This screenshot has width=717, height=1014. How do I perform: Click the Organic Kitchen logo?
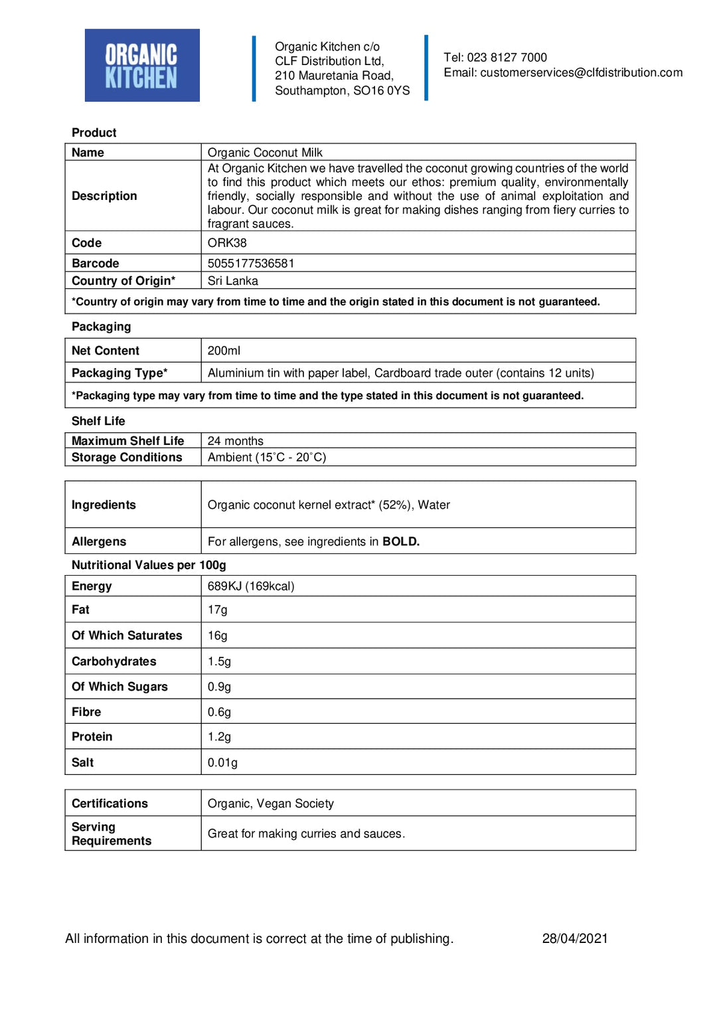click(142, 65)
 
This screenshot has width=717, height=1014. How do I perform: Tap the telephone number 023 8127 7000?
click(507, 58)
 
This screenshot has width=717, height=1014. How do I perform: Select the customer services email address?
click(581, 72)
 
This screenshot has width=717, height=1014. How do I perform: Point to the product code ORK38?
click(227, 243)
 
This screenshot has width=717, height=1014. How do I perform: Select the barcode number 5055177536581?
click(251, 264)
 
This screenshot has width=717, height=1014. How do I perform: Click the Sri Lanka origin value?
click(233, 281)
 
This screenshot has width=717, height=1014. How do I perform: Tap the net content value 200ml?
click(224, 351)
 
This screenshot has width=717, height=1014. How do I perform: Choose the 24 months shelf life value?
click(235, 441)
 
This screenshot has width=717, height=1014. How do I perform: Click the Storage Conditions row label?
click(127, 458)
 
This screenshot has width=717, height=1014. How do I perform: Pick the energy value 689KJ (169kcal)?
click(251, 586)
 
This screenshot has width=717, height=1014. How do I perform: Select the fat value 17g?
click(217, 610)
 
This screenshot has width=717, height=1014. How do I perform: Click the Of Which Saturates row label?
click(127, 635)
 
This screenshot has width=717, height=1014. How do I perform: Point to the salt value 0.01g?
click(222, 763)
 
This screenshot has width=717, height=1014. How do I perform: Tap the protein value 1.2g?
click(219, 737)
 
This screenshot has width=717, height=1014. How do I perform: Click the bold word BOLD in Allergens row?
click(400, 542)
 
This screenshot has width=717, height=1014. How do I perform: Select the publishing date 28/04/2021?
click(575, 938)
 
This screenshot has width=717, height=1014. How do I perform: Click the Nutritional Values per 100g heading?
click(149, 565)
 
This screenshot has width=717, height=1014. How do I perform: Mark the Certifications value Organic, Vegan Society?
click(271, 803)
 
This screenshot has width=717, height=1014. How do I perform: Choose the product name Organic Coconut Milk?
click(265, 153)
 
